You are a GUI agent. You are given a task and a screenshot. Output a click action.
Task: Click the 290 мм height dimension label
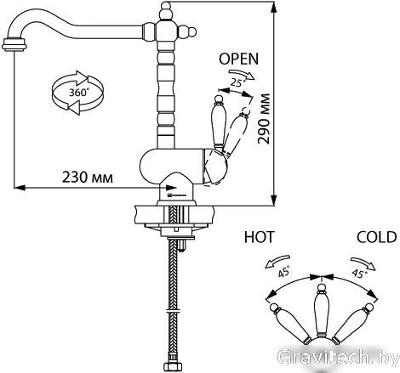pyautogui.click(x=264, y=119)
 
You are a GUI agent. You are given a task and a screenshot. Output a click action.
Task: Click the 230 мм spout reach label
pyautogui.click(x=88, y=178)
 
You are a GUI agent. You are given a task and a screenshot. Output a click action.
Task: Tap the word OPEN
pyautogui.click(x=239, y=59)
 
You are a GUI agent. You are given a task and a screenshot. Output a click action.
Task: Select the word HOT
pyautogui.click(x=260, y=237)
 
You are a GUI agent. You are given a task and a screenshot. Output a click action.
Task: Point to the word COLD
pyautogui.click(x=376, y=237)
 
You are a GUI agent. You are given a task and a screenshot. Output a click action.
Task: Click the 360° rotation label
pyautogui.click(x=79, y=93)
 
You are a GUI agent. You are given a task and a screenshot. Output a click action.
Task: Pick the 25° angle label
pyautogui.click(x=237, y=82)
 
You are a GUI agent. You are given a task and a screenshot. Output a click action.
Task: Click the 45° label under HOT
pyautogui.click(x=284, y=271)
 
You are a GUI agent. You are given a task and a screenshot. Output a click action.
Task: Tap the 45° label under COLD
pyautogui.click(x=358, y=274)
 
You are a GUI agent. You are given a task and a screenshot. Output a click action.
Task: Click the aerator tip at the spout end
pyautogui.click(x=14, y=44)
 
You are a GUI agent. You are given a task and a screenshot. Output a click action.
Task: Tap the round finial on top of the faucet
pyautogui.click(x=165, y=6)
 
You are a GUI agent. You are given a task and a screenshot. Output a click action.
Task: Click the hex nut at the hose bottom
pyautogui.click(x=173, y=366)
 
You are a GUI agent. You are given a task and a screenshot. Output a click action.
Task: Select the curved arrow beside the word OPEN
pyautogui.click(x=242, y=74)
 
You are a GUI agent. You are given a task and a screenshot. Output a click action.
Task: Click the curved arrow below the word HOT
pyautogui.click(x=277, y=261)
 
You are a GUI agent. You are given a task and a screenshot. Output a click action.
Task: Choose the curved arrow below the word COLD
pyautogui.click(x=363, y=263)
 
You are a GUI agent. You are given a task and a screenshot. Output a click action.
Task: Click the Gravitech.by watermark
pyautogui.click(x=339, y=358)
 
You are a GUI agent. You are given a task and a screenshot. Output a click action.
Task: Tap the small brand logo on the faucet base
pyautogui.click(x=176, y=195)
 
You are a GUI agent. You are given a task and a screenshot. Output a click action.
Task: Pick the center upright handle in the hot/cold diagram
pyautogui.click(x=321, y=311)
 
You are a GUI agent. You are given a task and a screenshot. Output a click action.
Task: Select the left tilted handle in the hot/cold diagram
pyautogui.click(x=289, y=324)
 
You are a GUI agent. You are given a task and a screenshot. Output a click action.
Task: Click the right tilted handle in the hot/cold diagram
pyautogui.click(x=353, y=324)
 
